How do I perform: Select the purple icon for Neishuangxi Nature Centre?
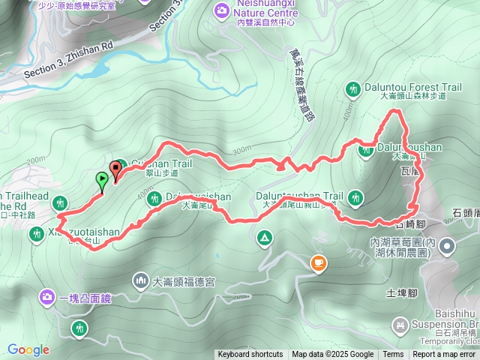tap(222, 9)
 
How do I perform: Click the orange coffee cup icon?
tap(319, 262)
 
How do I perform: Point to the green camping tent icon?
tap(264, 238)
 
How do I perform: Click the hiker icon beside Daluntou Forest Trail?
tap(353, 88)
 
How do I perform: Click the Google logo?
tap(28, 349)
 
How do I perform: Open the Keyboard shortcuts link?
tap(250, 355)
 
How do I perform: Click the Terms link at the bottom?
tap(393, 355)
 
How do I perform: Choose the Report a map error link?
tap(445, 355)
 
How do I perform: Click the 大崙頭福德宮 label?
tap(184, 283)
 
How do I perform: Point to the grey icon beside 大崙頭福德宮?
tap(141, 282)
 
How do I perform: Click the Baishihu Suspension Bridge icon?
tap(400, 324)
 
